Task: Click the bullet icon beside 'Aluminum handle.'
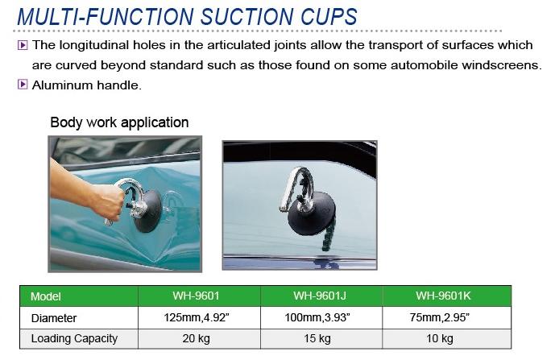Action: coord(23,85)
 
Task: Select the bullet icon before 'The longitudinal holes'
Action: coord(23,45)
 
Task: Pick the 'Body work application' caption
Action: coord(119,122)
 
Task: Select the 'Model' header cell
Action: coord(46,296)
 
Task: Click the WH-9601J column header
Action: coord(320,296)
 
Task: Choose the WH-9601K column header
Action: coord(443,296)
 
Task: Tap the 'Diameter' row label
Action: coord(54,318)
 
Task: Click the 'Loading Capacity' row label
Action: coord(74,338)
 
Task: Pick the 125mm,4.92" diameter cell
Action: coord(197,317)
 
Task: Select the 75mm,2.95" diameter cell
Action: coord(440,317)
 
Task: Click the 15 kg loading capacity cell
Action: coord(317,338)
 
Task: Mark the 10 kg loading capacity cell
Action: coord(440,338)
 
